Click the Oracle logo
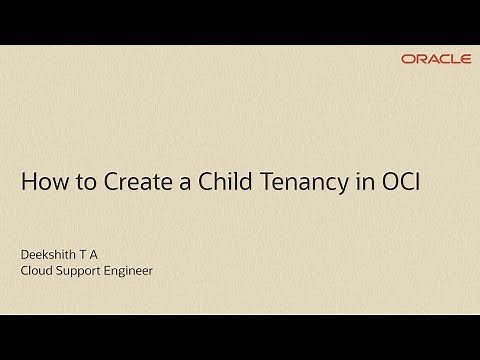pyautogui.click(x=436, y=59)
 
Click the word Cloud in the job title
pyautogui.click(x=38, y=270)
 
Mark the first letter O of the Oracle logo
pyautogui.click(x=407, y=59)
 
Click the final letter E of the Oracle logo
pyautogui.click(x=466, y=59)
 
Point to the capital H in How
pyautogui.click(x=28, y=183)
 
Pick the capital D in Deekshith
pyautogui.click(x=25, y=254)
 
